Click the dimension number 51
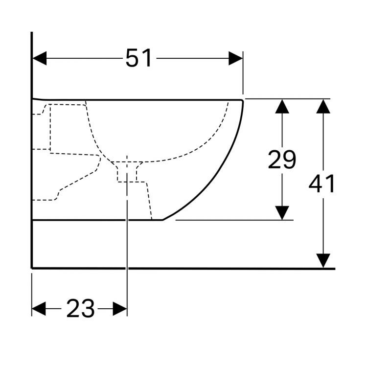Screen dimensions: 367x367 (x=138, y=58)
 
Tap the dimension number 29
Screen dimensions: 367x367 (x=282, y=160)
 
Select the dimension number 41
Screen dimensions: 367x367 (x=322, y=183)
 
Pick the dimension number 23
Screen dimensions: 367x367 (x=80, y=308)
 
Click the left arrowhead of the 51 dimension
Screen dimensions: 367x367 (x=40, y=58)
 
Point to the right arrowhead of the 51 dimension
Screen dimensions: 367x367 (x=236, y=58)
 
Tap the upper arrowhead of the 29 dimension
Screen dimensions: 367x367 (x=282, y=107)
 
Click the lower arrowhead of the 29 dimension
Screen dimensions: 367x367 (x=282, y=213)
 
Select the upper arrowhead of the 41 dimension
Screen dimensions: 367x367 (x=323, y=107)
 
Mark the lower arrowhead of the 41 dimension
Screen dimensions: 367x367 (x=323, y=260)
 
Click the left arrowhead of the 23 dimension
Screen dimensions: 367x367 (x=39, y=309)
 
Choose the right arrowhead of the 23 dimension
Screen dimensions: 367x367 (x=120, y=309)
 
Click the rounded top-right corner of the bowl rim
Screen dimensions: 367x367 (x=242, y=101)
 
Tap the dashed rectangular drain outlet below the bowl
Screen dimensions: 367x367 (x=127, y=172)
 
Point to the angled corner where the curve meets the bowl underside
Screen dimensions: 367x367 (x=162, y=220)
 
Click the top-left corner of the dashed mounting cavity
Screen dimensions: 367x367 (x=50, y=105)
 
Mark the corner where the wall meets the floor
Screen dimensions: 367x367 (x=32, y=268)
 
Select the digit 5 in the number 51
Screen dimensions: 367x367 (x=133, y=58)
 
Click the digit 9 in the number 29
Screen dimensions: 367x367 (x=289, y=160)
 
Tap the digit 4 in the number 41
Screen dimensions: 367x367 (x=316, y=183)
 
